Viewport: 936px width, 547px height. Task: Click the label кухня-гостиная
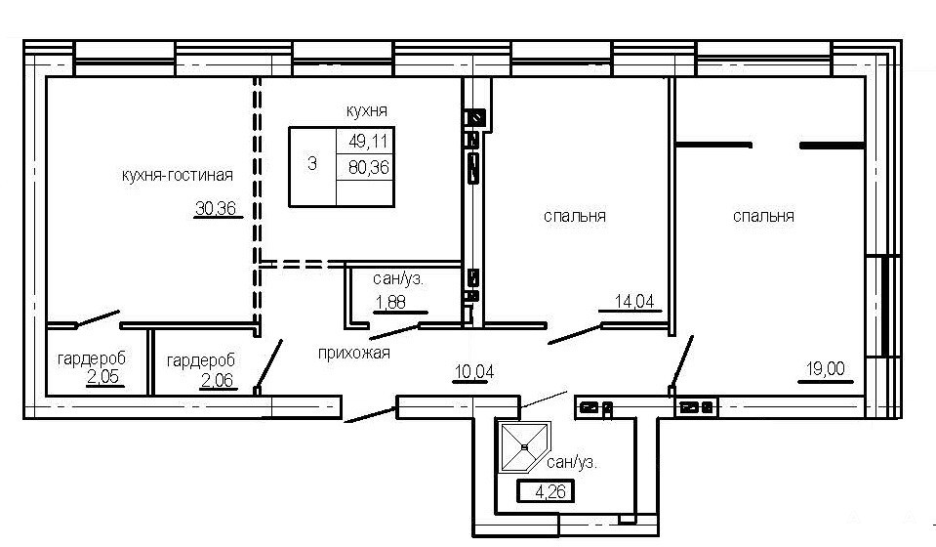pos(178,175)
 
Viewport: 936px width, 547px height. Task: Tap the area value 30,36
pos(216,208)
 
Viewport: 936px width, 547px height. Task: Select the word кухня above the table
pos(367,110)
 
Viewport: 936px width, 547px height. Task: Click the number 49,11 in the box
pos(368,141)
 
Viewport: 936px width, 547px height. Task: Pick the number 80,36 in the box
pos(368,167)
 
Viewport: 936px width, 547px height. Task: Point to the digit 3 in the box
pos(311,163)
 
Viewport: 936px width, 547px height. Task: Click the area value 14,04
pos(634,302)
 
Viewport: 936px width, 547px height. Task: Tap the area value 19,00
pos(826,369)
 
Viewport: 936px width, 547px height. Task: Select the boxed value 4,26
pos(546,491)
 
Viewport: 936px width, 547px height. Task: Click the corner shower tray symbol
pos(525,446)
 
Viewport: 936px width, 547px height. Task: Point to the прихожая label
pos(354,353)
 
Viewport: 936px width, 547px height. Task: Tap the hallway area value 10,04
pos(474,372)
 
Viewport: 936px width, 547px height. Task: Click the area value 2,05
pos(102,377)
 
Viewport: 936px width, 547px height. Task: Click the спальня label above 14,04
pos(574,216)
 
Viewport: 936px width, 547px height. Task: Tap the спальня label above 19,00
pos(763,216)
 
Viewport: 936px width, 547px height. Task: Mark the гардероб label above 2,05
pos(92,358)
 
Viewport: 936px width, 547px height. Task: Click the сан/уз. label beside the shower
pos(572,462)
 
